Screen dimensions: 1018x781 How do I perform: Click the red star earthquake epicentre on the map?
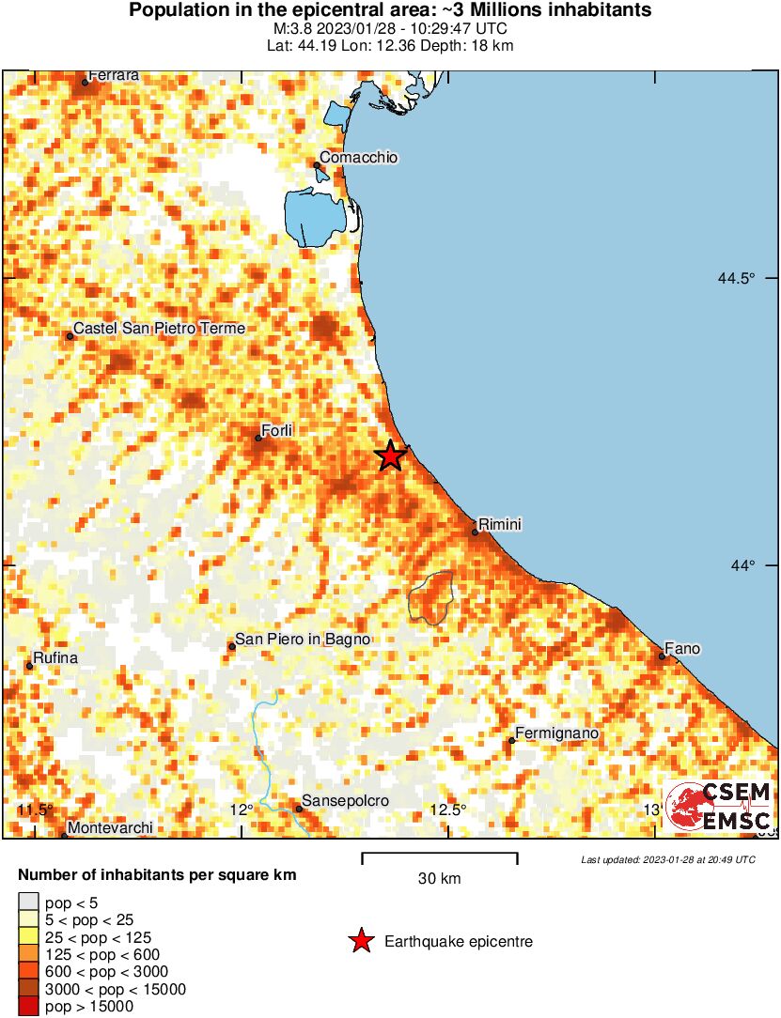pyautogui.click(x=390, y=456)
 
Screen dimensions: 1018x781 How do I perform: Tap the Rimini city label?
pyautogui.click(x=500, y=524)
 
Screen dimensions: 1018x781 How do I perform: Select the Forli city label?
pyautogui.click(x=277, y=430)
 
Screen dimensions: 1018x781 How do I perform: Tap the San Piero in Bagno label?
pyautogui.click(x=303, y=639)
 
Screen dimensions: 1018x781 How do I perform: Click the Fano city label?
pyautogui.click(x=681, y=648)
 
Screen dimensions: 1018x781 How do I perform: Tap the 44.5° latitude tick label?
pyautogui.click(x=737, y=278)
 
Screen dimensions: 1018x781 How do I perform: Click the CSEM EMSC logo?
pyautogui.click(x=718, y=806)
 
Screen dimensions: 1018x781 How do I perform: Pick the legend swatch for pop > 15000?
pyautogui.click(x=28, y=1007)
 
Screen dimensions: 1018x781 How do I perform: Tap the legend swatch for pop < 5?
pyautogui.click(x=28, y=903)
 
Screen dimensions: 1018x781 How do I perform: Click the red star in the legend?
pyautogui.click(x=361, y=941)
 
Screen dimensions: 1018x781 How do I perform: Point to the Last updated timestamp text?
pyautogui.click(x=667, y=859)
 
